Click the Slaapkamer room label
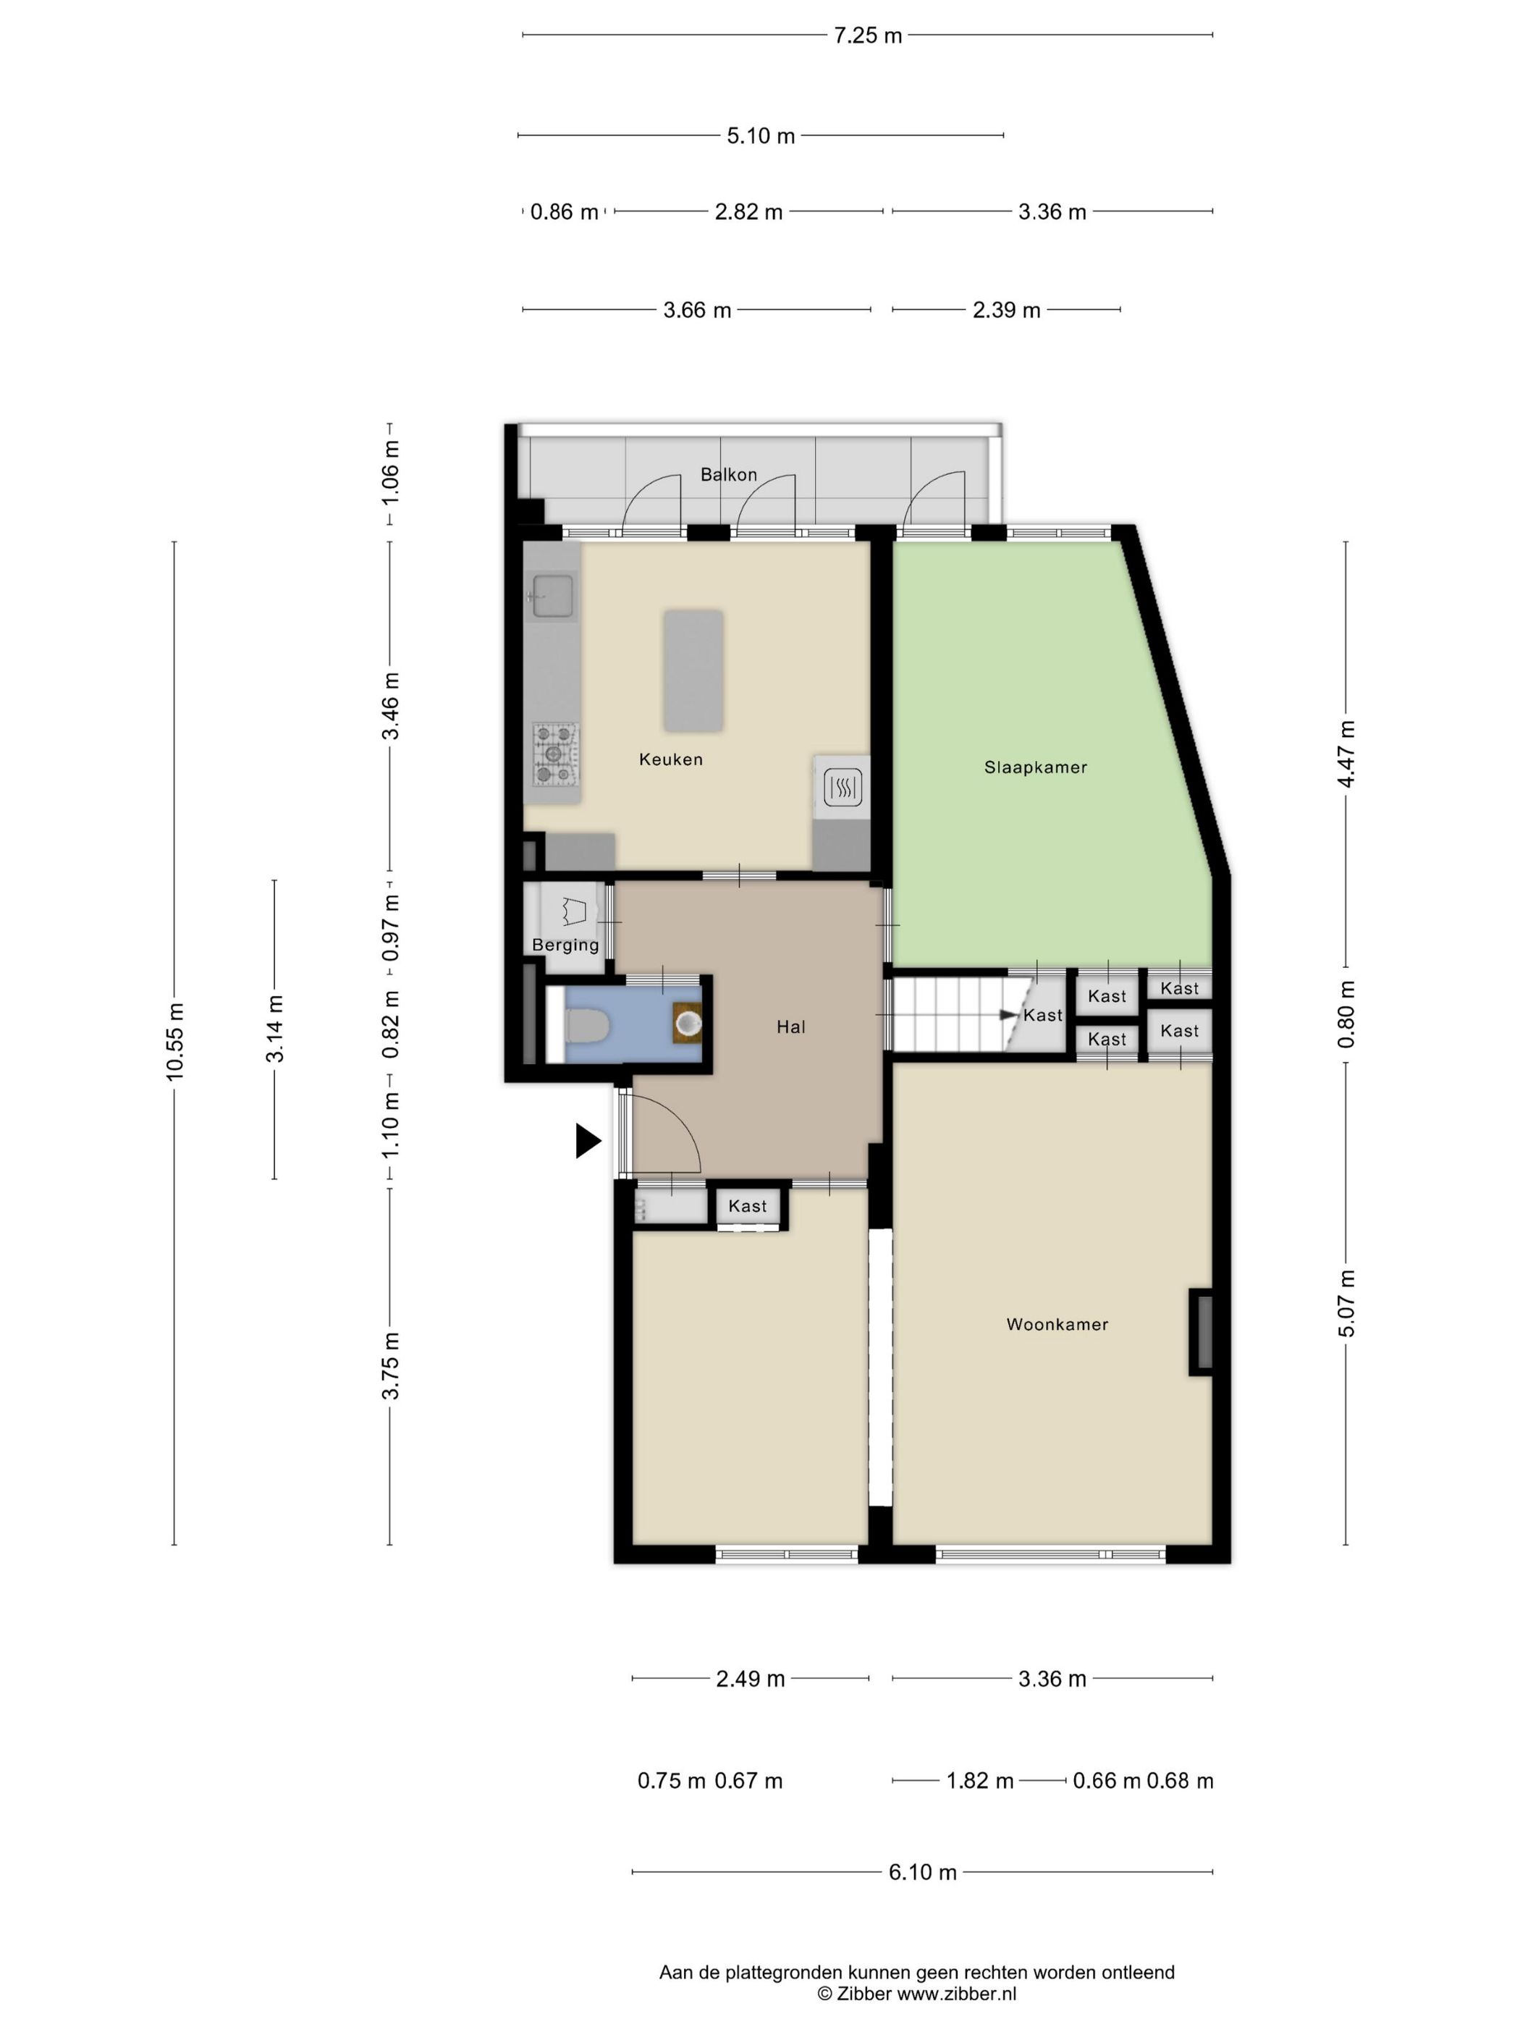pos(1035,767)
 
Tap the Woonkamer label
pos(1056,1324)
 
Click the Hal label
pos(790,1027)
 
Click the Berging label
pos(565,945)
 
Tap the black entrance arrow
pos(586,1141)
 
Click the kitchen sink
pos(554,597)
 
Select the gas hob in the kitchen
pos(556,754)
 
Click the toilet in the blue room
pos(586,1025)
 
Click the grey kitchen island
pos(693,672)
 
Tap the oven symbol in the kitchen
pos(842,786)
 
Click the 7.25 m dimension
pos(866,35)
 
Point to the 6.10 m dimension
pos(921,1871)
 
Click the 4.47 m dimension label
pos(1345,754)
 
